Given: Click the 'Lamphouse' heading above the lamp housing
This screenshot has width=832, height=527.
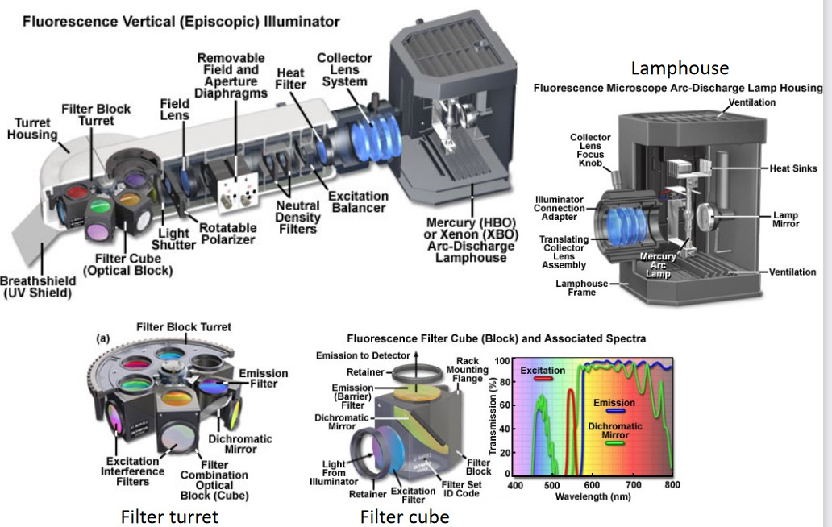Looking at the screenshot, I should [680, 68].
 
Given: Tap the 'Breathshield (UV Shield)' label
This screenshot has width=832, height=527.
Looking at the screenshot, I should [38, 286].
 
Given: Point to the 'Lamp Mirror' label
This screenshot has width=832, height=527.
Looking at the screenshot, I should [785, 220].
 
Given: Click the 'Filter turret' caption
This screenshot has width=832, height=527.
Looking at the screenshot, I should [169, 516].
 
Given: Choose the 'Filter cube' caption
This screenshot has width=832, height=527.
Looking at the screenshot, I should [405, 516].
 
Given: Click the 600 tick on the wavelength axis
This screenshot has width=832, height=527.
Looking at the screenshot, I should [592, 485].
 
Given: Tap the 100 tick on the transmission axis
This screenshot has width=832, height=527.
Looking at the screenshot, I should [501, 362].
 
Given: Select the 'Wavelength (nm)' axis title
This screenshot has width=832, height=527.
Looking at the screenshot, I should [594, 496].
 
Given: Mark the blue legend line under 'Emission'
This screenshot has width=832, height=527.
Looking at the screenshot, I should [614, 411].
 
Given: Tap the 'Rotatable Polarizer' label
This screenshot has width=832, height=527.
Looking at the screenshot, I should [227, 234].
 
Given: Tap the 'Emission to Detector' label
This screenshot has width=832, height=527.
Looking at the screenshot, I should [360, 355].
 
